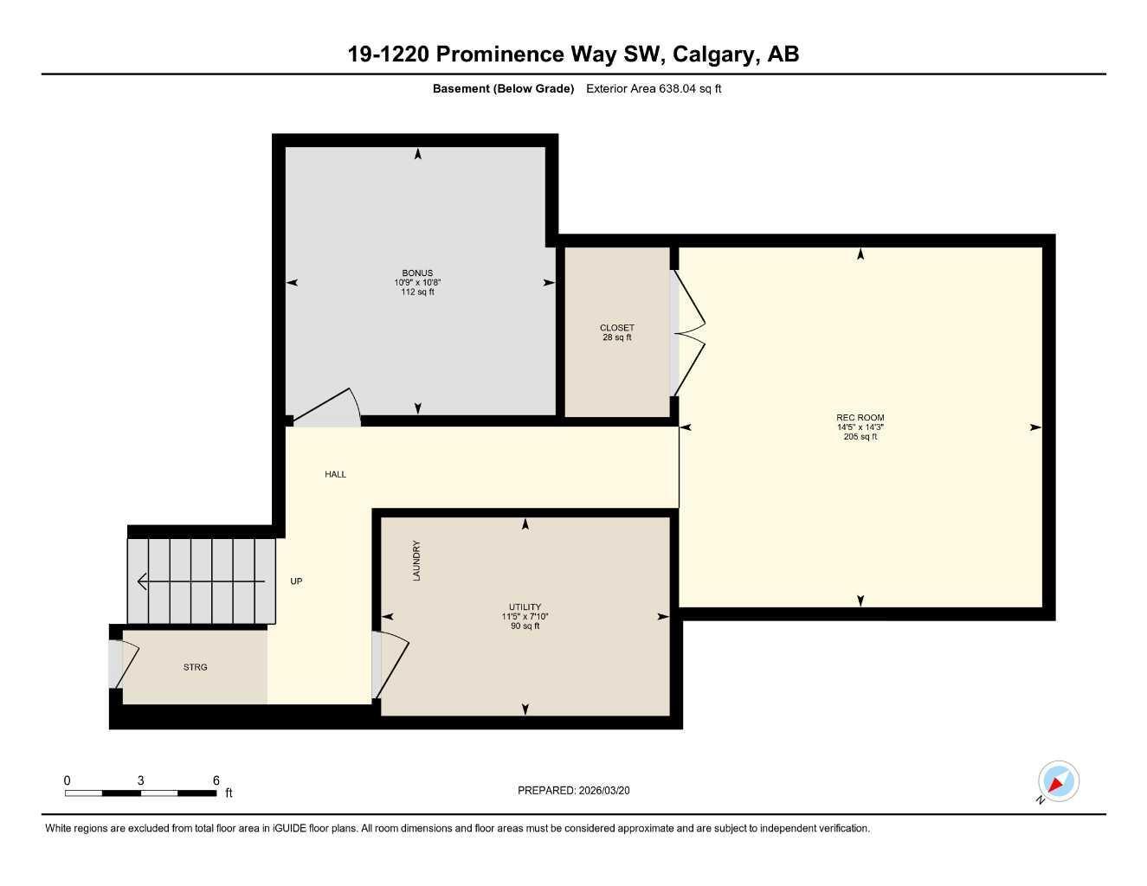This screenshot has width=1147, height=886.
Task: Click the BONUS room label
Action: (417, 273)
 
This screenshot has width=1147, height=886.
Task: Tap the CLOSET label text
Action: (616, 328)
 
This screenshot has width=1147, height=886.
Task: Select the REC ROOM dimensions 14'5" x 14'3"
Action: (860, 427)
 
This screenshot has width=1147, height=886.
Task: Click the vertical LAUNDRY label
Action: (416, 561)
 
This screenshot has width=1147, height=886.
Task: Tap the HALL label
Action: (335, 474)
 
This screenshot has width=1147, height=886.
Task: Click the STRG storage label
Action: (195, 667)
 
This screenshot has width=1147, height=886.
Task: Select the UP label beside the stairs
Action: (296, 581)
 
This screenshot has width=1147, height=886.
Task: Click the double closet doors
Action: (689, 333)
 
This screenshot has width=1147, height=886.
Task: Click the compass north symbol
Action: (1058, 783)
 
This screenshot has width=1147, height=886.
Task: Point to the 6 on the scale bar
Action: (216, 780)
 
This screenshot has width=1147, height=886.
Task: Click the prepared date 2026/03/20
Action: (610, 790)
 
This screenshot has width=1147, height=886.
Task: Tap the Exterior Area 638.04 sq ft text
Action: (654, 88)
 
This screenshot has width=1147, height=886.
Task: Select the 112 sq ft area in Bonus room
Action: (417, 292)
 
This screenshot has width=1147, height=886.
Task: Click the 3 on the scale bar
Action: (140, 780)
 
